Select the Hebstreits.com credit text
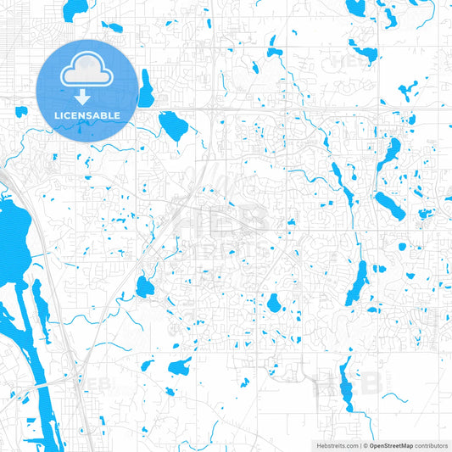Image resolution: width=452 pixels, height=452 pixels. coord(337,444)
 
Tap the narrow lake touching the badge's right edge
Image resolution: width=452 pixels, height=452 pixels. coord(146,86)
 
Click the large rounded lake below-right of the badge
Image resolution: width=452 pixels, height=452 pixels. coord(173,126)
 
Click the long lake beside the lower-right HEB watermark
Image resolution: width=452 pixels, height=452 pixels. coord(345,383)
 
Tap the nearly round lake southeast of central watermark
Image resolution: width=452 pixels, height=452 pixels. coord(274,303)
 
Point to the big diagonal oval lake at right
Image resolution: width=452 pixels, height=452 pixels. coord(389,204)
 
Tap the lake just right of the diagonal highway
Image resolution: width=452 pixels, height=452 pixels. coord(145,287)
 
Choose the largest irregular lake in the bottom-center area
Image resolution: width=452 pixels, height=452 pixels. coord(180,367)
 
